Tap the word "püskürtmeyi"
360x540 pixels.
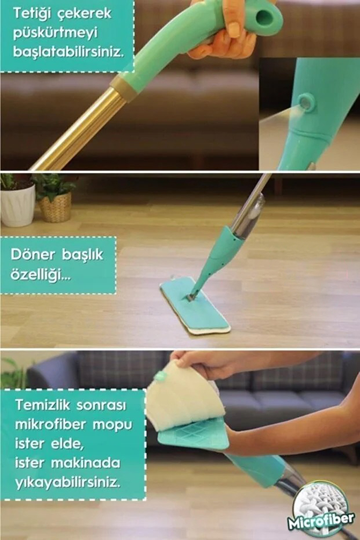click(x=56, y=33)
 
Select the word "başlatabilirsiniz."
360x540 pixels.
click(x=68, y=52)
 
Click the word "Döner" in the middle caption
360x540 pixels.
click(x=32, y=255)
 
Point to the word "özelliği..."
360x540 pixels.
click(x=41, y=275)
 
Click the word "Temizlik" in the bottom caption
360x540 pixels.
click(x=42, y=405)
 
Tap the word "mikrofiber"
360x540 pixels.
click(x=50, y=425)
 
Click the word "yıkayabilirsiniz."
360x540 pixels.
click(x=68, y=482)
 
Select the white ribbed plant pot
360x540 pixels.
click(x=17, y=205)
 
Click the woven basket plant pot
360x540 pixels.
click(x=55, y=208)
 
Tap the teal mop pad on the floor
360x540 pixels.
click(x=195, y=305)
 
